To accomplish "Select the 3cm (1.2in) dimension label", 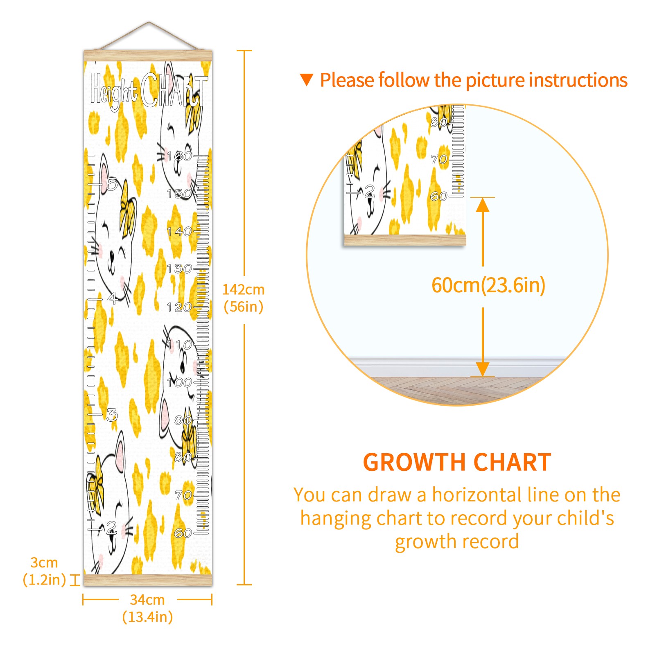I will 44,571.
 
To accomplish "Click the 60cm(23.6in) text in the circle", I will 488,285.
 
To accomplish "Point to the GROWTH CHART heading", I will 457,463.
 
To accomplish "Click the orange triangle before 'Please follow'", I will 306,79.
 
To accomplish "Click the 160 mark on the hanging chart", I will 179,156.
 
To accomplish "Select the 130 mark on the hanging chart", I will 179,269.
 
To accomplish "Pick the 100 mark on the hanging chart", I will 179,382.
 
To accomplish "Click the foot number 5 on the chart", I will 111,183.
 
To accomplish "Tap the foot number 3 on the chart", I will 111,414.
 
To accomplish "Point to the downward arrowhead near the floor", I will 483,368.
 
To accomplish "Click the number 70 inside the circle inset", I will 439,159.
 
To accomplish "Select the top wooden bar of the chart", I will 148,55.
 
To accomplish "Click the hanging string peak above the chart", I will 149,23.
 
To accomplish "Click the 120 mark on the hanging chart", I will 179,307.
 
